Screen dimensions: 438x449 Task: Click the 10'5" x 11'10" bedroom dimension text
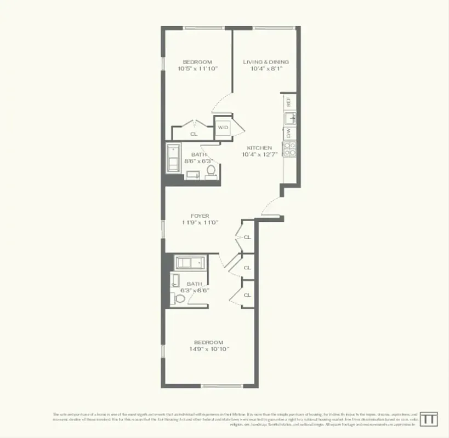[x=197, y=69]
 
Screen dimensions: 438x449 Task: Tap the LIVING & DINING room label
[x=265, y=62]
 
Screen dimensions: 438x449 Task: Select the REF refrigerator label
[x=289, y=102]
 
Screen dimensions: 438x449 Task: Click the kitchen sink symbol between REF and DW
[x=290, y=118]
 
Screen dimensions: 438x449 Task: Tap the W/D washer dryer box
[x=223, y=127]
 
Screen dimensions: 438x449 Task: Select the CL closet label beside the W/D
[x=194, y=134]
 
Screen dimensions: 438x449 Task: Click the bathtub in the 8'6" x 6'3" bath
[x=174, y=158]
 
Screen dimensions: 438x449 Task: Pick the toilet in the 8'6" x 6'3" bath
[x=210, y=171]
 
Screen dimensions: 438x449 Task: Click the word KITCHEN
[x=259, y=148]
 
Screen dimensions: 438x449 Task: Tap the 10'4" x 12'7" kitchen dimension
[x=259, y=155]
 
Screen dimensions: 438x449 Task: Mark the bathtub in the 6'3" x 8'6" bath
[x=190, y=262]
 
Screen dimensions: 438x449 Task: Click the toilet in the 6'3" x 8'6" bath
[x=178, y=298]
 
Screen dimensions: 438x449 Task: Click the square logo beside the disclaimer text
[x=429, y=418]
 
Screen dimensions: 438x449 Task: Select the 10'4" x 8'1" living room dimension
[x=265, y=69]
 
